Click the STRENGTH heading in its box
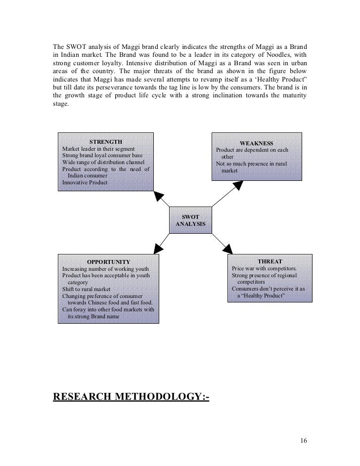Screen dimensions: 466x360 coord(105,142)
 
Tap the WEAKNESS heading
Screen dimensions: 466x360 coord(256,143)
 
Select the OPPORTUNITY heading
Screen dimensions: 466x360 coord(108,262)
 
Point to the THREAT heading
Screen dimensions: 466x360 coord(270,261)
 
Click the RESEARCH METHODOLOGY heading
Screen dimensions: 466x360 coord(131,396)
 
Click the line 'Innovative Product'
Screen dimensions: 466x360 coord(85,182)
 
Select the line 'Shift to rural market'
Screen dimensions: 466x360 coord(86,289)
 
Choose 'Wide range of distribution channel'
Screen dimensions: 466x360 coord(103,162)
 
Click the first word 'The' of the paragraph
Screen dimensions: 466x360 coord(59,47)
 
